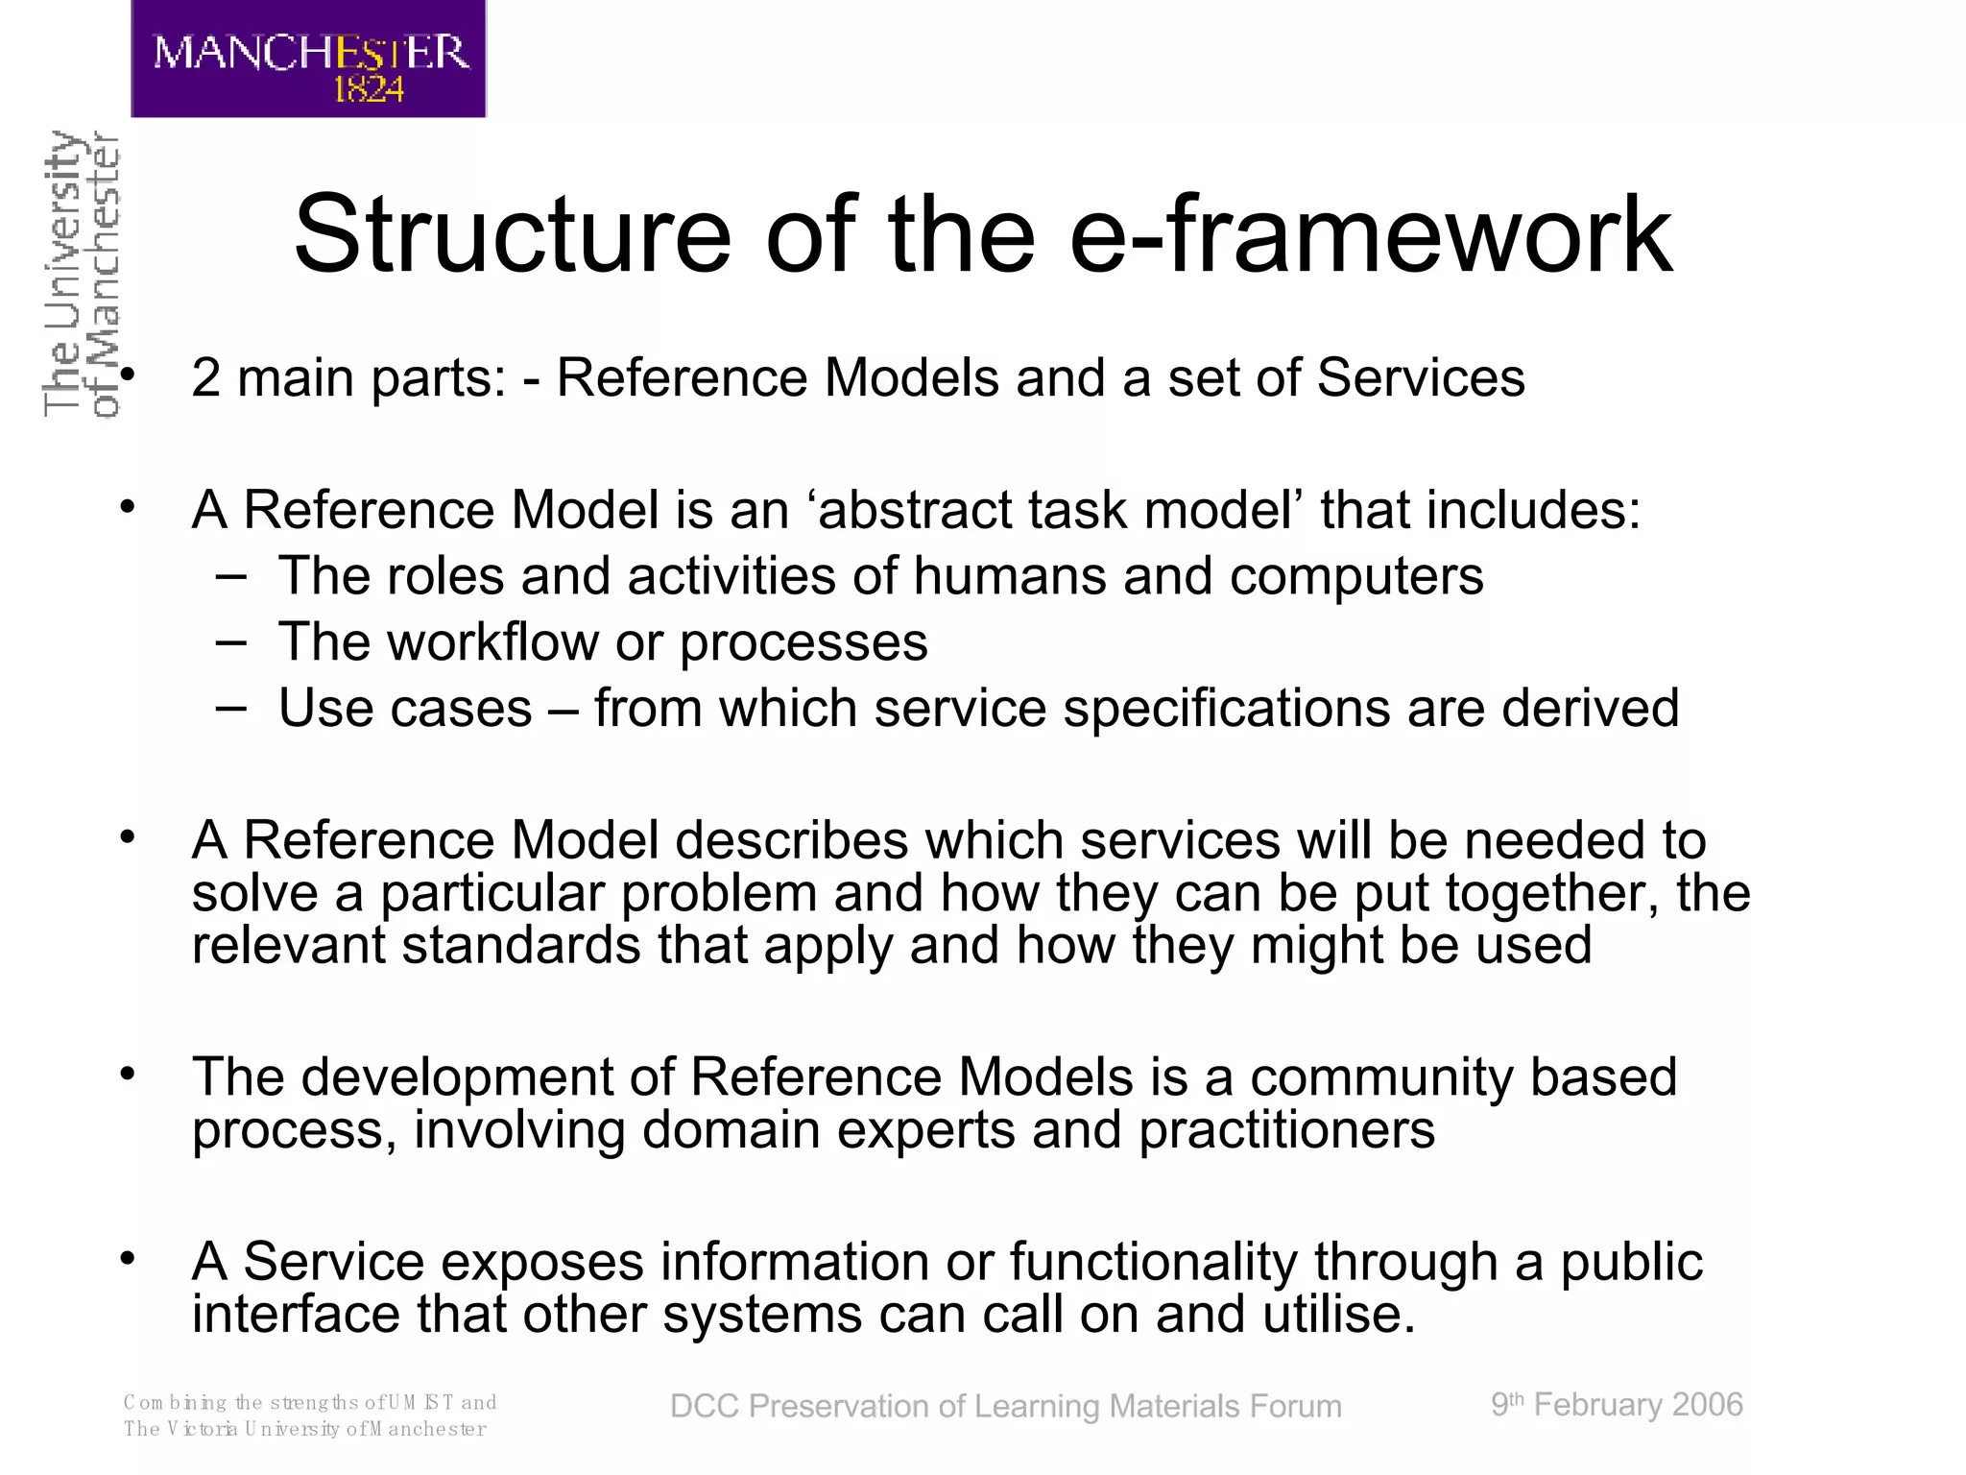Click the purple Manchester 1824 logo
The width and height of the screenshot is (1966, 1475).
[308, 60]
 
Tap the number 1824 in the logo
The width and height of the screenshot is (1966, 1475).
[369, 90]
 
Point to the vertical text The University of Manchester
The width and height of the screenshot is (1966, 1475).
[82, 274]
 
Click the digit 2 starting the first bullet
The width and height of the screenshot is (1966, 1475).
[205, 378]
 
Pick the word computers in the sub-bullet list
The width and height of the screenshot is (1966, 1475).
[1355, 577]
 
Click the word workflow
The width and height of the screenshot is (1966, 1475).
[492, 642]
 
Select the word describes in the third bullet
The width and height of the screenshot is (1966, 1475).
[791, 841]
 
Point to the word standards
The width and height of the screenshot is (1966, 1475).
[520, 946]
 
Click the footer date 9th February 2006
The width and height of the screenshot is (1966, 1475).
[1617, 1405]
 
